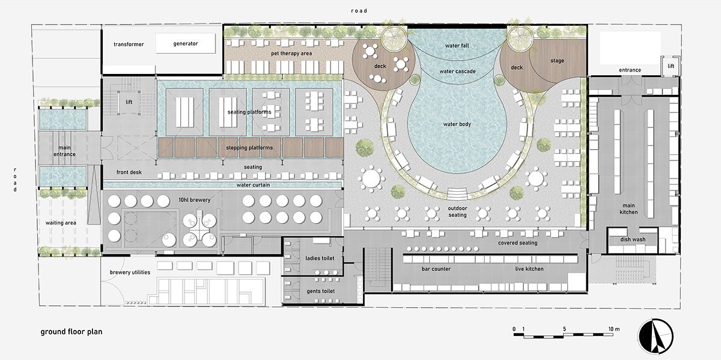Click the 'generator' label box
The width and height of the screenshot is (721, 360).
186,43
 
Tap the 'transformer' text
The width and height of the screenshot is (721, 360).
129,44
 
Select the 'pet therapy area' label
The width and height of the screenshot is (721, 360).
291,53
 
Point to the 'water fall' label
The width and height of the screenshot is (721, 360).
457,46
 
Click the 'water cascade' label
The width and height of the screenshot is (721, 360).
457,72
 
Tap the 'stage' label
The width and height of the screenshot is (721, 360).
557,61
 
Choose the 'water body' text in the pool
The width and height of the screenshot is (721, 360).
457,124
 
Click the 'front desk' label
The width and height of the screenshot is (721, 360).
129,172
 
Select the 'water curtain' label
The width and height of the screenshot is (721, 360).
254,185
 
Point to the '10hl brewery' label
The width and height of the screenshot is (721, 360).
195,200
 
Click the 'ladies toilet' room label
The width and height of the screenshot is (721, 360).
320,258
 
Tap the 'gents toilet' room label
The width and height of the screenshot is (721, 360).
321,291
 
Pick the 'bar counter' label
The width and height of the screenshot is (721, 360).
436,269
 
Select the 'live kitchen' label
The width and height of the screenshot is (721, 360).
529,269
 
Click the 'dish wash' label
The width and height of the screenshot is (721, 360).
633,240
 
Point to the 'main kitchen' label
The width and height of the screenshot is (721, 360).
628,209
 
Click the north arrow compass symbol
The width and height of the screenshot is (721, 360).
656,337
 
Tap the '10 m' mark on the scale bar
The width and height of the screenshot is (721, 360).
614,329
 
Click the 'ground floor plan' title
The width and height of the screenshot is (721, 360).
71,332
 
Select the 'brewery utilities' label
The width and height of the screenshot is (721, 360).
130,272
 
